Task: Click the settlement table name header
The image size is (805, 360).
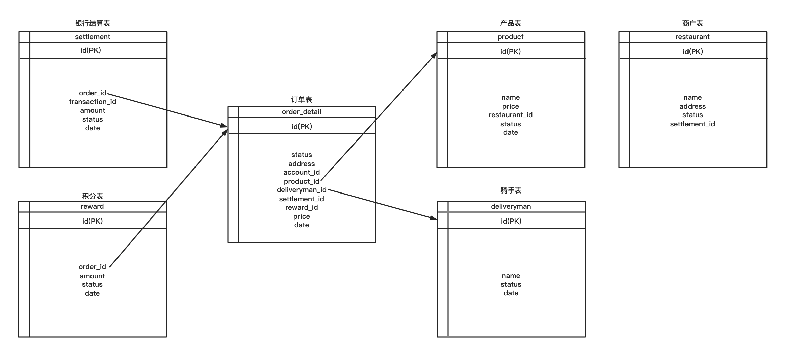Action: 93,37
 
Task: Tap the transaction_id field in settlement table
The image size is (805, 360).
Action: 93,102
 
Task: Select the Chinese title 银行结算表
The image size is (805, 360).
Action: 93,23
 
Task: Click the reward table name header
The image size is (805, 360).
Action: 92,206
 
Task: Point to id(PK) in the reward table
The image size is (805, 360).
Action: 92,221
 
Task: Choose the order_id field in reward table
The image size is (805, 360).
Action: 92,267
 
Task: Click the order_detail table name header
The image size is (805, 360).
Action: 302,112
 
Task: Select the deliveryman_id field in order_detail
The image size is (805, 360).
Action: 302,190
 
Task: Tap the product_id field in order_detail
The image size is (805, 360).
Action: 302,181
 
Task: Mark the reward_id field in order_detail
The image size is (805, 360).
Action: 302,207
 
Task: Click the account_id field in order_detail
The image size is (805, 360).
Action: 302,172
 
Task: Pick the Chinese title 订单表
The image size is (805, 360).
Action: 302,100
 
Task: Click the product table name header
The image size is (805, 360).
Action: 511,37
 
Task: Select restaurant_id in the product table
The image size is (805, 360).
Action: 511,115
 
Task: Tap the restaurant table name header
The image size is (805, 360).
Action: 692,37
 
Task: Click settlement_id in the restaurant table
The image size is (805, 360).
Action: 692,124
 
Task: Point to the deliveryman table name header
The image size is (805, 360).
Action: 511,206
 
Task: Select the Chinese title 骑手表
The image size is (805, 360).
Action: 511,190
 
